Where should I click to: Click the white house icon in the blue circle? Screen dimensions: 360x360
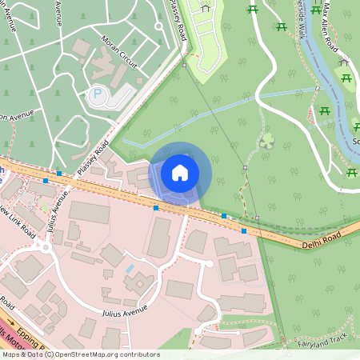[x=180, y=172]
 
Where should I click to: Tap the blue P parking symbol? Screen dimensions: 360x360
[x=98, y=94]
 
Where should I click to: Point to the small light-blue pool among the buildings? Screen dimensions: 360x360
[x=130, y=269]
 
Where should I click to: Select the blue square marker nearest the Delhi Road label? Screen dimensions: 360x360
[x=244, y=230]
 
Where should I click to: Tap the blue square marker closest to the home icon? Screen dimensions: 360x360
[x=155, y=208]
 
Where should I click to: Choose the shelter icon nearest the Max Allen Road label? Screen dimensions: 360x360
[x=343, y=62]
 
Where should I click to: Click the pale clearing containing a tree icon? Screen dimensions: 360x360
[x=267, y=142]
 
